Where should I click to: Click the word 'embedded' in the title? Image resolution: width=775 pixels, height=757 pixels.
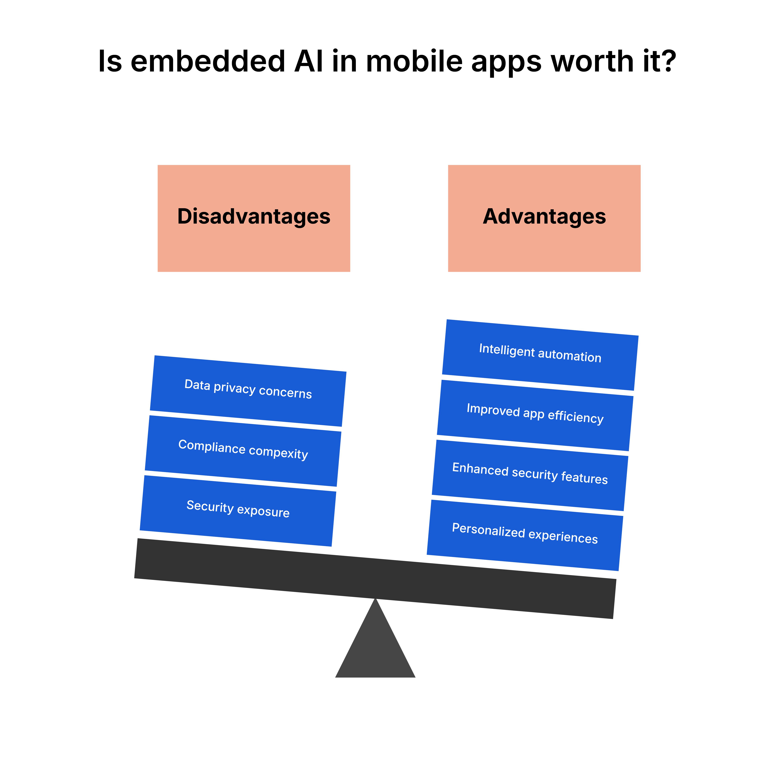[x=208, y=62]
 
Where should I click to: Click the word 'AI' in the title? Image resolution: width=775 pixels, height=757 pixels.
[x=308, y=62]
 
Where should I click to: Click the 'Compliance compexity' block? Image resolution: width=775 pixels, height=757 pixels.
[x=243, y=450]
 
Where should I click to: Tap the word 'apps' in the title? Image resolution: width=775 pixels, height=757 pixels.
[x=506, y=64]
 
